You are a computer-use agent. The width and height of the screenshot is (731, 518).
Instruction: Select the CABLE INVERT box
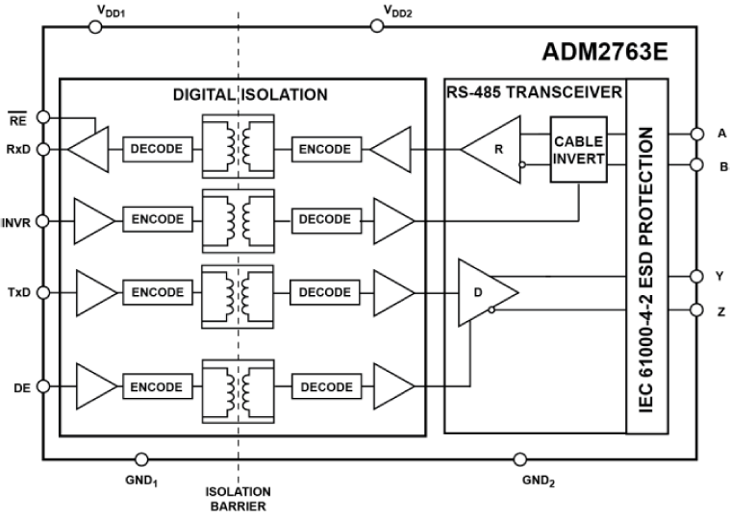[x=578, y=150]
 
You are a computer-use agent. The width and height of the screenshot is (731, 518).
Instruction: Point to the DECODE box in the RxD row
[x=158, y=149]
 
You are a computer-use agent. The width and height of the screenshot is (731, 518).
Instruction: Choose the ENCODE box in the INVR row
[x=158, y=219]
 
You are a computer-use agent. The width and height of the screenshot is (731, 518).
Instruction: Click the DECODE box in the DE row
[x=327, y=386]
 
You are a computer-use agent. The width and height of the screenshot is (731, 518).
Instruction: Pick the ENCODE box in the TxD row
[x=158, y=291]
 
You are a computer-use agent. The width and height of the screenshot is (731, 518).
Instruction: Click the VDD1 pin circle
[x=95, y=28]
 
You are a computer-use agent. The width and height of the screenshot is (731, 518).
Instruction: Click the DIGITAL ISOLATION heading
[x=250, y=95]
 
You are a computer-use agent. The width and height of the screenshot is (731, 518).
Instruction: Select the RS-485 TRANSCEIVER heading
[x=535, y=93]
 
